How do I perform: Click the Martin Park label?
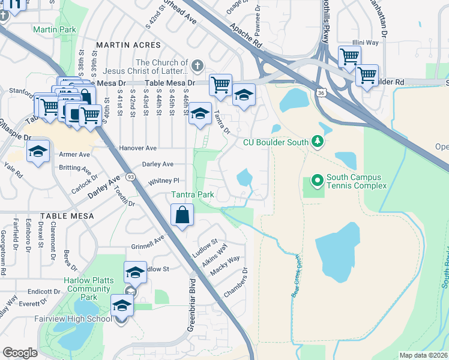(x=55, y=29)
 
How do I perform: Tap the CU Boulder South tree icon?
(x=317, y=142)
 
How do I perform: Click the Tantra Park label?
(x=192, y=195)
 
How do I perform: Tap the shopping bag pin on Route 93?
(x=182, y=215)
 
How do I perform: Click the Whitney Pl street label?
(x=164, y=181)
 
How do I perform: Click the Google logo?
(x=20, y=353)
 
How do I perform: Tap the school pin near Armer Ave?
(x=37, y=152)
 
